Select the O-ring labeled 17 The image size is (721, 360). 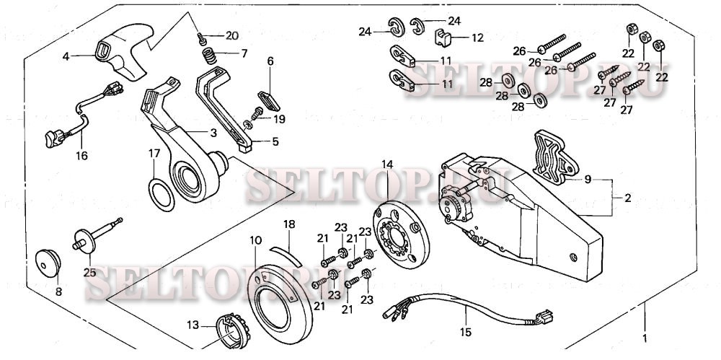[x=162, y=194]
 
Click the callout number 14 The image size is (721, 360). [x=388, y=165]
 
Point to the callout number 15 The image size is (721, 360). [x=466, y=333]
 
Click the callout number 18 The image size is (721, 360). [x=289, y=225]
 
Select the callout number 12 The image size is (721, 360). [x=478, y=37]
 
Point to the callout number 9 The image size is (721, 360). [x=588, y=179]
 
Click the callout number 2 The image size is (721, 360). [x=627, y=198]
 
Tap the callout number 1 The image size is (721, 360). [x=645, y=337]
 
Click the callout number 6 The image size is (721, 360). [x=270, y=62]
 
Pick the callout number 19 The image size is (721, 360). [x=280, y=119]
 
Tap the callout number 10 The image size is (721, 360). [x=255, y=240]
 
